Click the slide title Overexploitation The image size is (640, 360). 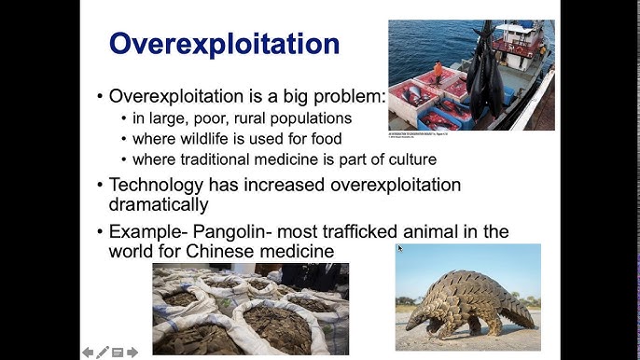click(225, 44)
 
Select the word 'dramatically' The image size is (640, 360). click(159, 203)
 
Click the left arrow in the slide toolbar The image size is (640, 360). click(88, 352)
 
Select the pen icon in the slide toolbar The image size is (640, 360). click(103, 352)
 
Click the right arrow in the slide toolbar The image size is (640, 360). click(132, 352)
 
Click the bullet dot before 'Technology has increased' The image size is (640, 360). click(101, 186)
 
